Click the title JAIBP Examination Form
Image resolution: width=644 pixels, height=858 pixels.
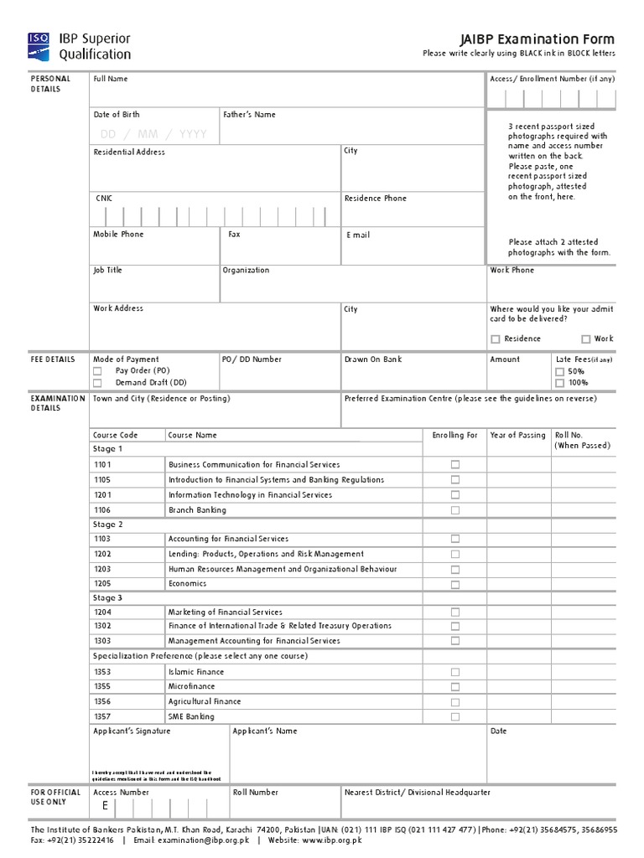coord(537,39)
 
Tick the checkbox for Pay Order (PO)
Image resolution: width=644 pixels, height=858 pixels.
coord(98,370)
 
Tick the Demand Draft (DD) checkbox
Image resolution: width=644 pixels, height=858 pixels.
coord(98,382)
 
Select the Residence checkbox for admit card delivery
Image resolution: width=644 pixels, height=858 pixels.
coord(496,339)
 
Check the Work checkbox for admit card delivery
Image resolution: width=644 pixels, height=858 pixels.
coord(585,339)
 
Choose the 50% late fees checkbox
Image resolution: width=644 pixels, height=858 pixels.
coord(559,371)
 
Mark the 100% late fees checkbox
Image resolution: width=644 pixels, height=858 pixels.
coord(559,383)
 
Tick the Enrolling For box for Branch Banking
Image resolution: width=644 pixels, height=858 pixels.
coord(455,510)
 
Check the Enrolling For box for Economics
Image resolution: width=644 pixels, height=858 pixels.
coord(455,584)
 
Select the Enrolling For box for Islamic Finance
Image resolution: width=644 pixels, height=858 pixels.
coord(455,672)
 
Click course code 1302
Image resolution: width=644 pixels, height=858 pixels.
coord(102,626)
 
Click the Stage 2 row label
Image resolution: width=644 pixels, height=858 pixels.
coord(107,525)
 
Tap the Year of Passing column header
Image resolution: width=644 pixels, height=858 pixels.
coord(517,436)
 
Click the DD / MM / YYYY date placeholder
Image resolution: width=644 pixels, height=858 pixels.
coord(153,134)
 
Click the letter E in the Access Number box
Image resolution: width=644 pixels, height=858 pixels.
coord(105,806)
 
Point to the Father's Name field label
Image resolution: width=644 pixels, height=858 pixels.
coord(249,115)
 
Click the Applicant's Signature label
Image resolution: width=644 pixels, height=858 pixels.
coord(132,731)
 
